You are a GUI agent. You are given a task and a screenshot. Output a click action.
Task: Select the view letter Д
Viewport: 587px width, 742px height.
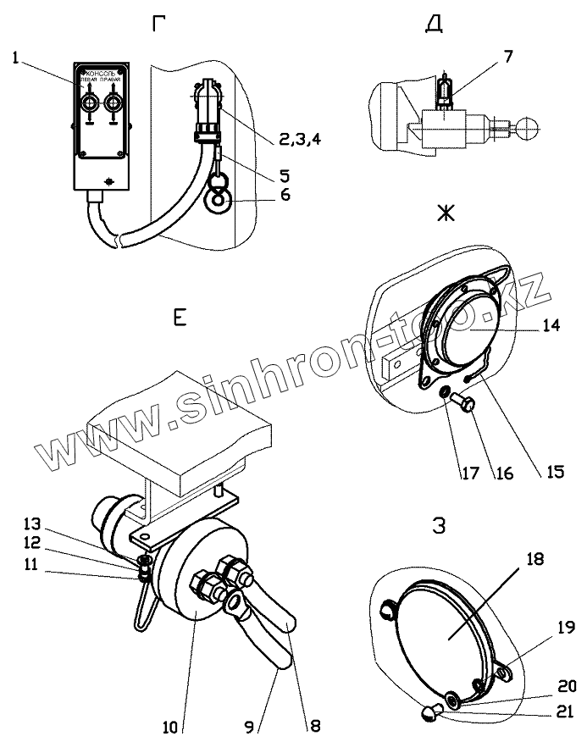coord(434,25)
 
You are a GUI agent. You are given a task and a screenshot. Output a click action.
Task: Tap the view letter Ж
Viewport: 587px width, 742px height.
coord(445,213)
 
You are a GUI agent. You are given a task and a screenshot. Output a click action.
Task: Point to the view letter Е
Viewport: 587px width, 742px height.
coord(180,318)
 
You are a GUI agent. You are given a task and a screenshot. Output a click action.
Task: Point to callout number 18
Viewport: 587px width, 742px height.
coord(534,559)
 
